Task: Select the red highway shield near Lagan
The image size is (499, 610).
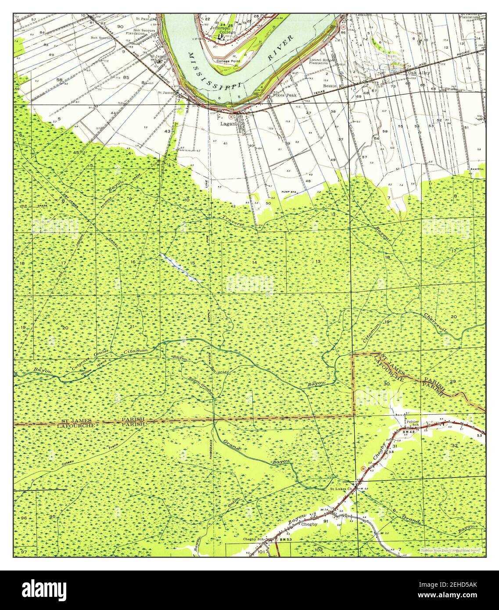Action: (x=230, y=117)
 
